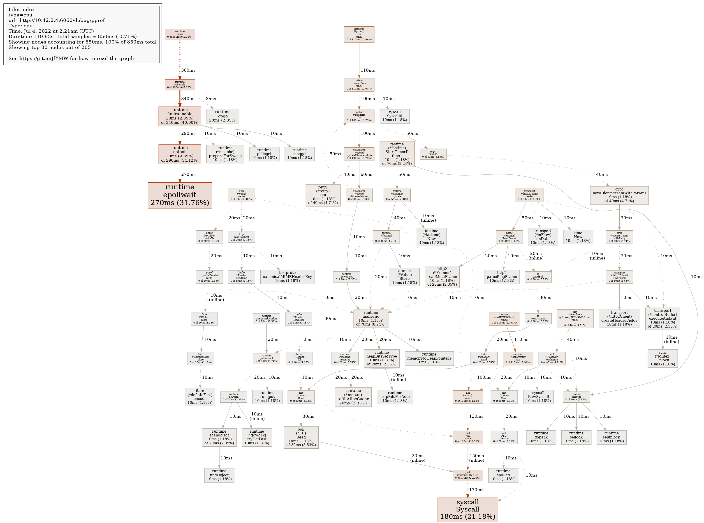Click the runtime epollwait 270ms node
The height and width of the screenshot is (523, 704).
(x=180, y=195)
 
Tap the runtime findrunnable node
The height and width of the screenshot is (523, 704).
(x=180, y=116)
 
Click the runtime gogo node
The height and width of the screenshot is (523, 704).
(x=223, y=116)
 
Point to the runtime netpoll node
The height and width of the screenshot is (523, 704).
(x=180, y=154)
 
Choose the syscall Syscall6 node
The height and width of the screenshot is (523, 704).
(x=394, y=116)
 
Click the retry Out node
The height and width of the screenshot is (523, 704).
(x=323, y=195)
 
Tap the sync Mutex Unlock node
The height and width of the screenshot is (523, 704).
(x=662, y=358)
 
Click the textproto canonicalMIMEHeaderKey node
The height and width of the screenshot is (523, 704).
(x=287, y=277)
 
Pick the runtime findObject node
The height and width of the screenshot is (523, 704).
(x=219, y=475)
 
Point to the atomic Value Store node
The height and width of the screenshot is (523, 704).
(x=404, y=277)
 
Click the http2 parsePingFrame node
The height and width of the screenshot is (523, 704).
(x=502, y=277)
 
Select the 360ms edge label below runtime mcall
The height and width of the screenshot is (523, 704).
(x=188, y=70)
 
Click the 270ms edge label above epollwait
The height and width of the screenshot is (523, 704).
(x=188, y=174)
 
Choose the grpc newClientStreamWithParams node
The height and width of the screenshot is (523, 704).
(x=619, y=195)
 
